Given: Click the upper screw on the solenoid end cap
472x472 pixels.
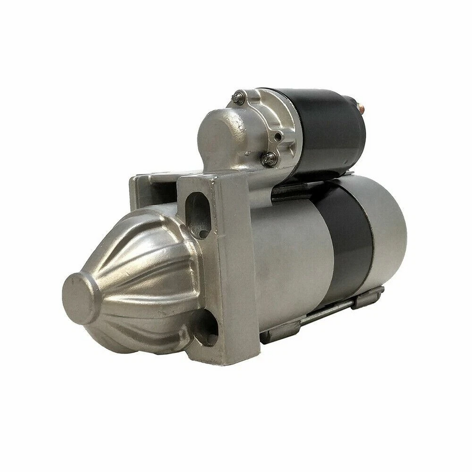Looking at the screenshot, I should [x=238, y=97].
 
